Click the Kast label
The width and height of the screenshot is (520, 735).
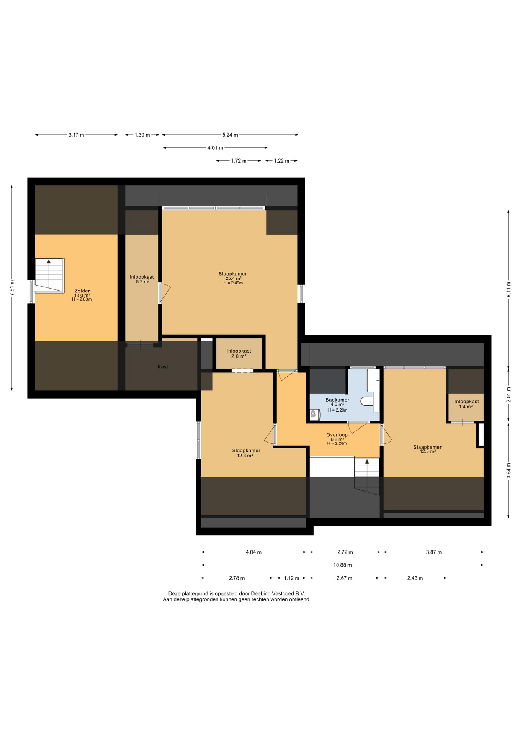(x=163, y=367)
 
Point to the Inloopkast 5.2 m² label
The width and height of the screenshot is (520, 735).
(x=142, y=279)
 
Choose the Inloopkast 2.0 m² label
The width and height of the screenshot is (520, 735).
(x=239, y=354)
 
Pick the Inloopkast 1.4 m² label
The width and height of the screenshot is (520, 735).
(x=466, y=404)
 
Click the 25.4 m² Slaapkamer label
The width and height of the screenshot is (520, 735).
(x=233, y=278)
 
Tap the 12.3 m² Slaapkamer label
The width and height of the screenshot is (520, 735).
(x=246, y=453)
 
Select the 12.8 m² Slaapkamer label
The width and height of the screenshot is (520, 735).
(x=427, y=449)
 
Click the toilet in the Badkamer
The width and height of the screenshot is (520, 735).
(x=367, y=401)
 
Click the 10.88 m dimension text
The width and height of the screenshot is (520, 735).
(x=342, y=565)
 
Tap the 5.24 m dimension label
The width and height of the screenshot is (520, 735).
(x=230, y=135)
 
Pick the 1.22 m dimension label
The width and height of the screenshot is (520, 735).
(x=281, y=161)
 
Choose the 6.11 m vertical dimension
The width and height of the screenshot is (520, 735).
(x=509, y=289)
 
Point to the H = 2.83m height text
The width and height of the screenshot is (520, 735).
(x=82, y=299)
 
